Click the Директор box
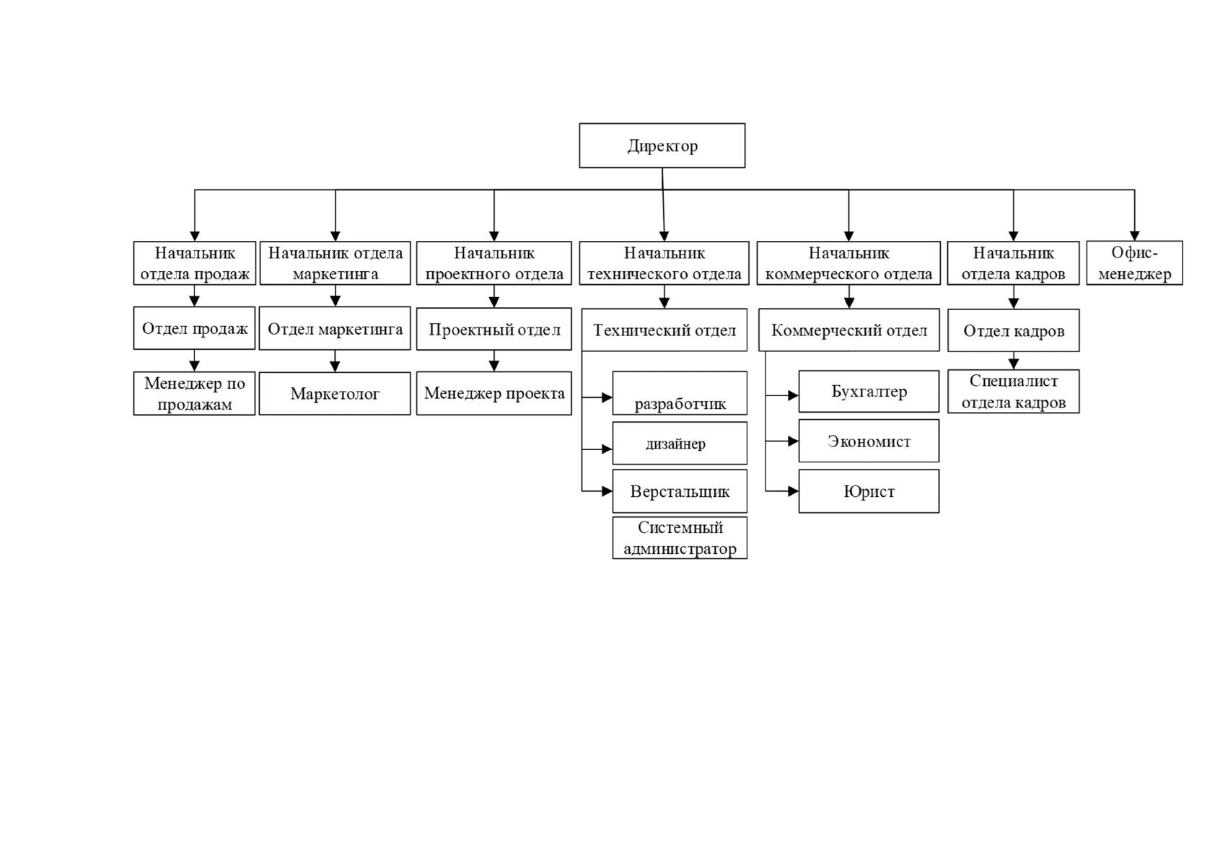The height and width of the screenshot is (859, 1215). tap(662, 146)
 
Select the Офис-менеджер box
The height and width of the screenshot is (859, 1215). tap(1134, 263)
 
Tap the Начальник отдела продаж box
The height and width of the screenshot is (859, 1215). tap(195, 263)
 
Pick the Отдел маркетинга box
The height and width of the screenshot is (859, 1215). tap(335, 328)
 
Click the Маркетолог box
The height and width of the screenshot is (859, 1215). tap(335, 393)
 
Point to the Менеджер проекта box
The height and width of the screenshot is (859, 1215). tap(494, 393)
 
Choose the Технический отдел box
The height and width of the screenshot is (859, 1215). tap(664, 330)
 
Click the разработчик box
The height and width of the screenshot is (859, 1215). tap(680, 393)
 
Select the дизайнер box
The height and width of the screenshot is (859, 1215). tap(680, 443)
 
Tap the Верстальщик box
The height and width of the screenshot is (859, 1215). tap(680, 490)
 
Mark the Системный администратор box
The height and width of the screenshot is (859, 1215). tap(680, 537)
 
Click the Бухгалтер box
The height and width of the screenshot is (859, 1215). tap(869, 392)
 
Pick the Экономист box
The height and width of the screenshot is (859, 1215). tap(869, 441)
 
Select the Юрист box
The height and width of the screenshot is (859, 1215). tap(869, 490)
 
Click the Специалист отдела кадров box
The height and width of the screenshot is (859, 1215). tap(1013, 392)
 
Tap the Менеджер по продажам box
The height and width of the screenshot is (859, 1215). tap(194, 393)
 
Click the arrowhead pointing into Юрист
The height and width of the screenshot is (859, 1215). tap(793, 490)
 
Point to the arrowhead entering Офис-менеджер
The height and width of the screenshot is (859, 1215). tap(1134, 236)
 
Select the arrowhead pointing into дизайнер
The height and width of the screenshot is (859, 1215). tap(607, 449)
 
